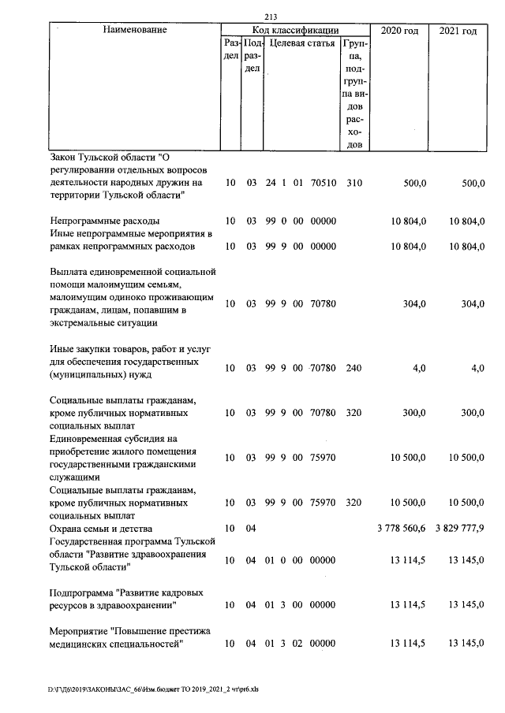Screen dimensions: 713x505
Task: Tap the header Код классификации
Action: tap(295, 30)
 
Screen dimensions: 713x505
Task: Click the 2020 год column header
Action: tap(399, 31)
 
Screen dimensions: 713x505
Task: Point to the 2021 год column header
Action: tap(458, 31)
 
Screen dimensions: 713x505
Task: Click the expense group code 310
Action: tap(354, 183)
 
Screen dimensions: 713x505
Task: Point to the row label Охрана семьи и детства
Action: tap(101, 528)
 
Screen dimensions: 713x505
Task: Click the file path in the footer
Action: tap(158, 688)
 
